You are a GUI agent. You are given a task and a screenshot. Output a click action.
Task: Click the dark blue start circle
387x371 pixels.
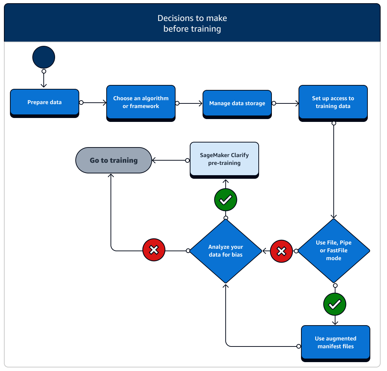(44, 57)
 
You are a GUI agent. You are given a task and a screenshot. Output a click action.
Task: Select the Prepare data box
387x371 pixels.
(44, 102)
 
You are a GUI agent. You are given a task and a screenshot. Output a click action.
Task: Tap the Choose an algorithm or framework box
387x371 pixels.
(141, 102)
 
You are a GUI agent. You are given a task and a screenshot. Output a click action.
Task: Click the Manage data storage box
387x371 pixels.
(237, 103)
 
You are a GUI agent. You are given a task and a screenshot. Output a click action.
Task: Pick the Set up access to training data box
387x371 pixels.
(333, 102)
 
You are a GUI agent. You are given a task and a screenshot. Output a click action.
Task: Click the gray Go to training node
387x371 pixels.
(114, 160)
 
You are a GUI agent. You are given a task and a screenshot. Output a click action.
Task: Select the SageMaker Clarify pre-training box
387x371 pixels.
(224, 159)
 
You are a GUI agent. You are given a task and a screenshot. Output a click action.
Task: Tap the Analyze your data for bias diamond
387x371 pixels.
(226, 251)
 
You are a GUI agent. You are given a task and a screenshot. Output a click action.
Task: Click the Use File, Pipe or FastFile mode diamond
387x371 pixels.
(334, 251)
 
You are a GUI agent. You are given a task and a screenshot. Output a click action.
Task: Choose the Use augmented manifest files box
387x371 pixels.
(335, 343)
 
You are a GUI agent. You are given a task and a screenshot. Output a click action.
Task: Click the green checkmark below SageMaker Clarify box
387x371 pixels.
(226, 200)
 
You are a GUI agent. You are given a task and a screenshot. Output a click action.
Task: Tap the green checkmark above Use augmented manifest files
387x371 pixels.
(335, 304)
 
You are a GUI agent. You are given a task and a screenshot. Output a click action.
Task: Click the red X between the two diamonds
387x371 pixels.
(281, 251)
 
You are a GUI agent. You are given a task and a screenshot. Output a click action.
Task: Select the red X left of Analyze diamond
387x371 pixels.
(154, 251)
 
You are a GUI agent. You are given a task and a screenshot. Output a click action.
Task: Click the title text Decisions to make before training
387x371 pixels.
(192, 23)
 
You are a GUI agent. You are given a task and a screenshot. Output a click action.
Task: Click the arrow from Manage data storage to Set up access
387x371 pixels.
(286, 103)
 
